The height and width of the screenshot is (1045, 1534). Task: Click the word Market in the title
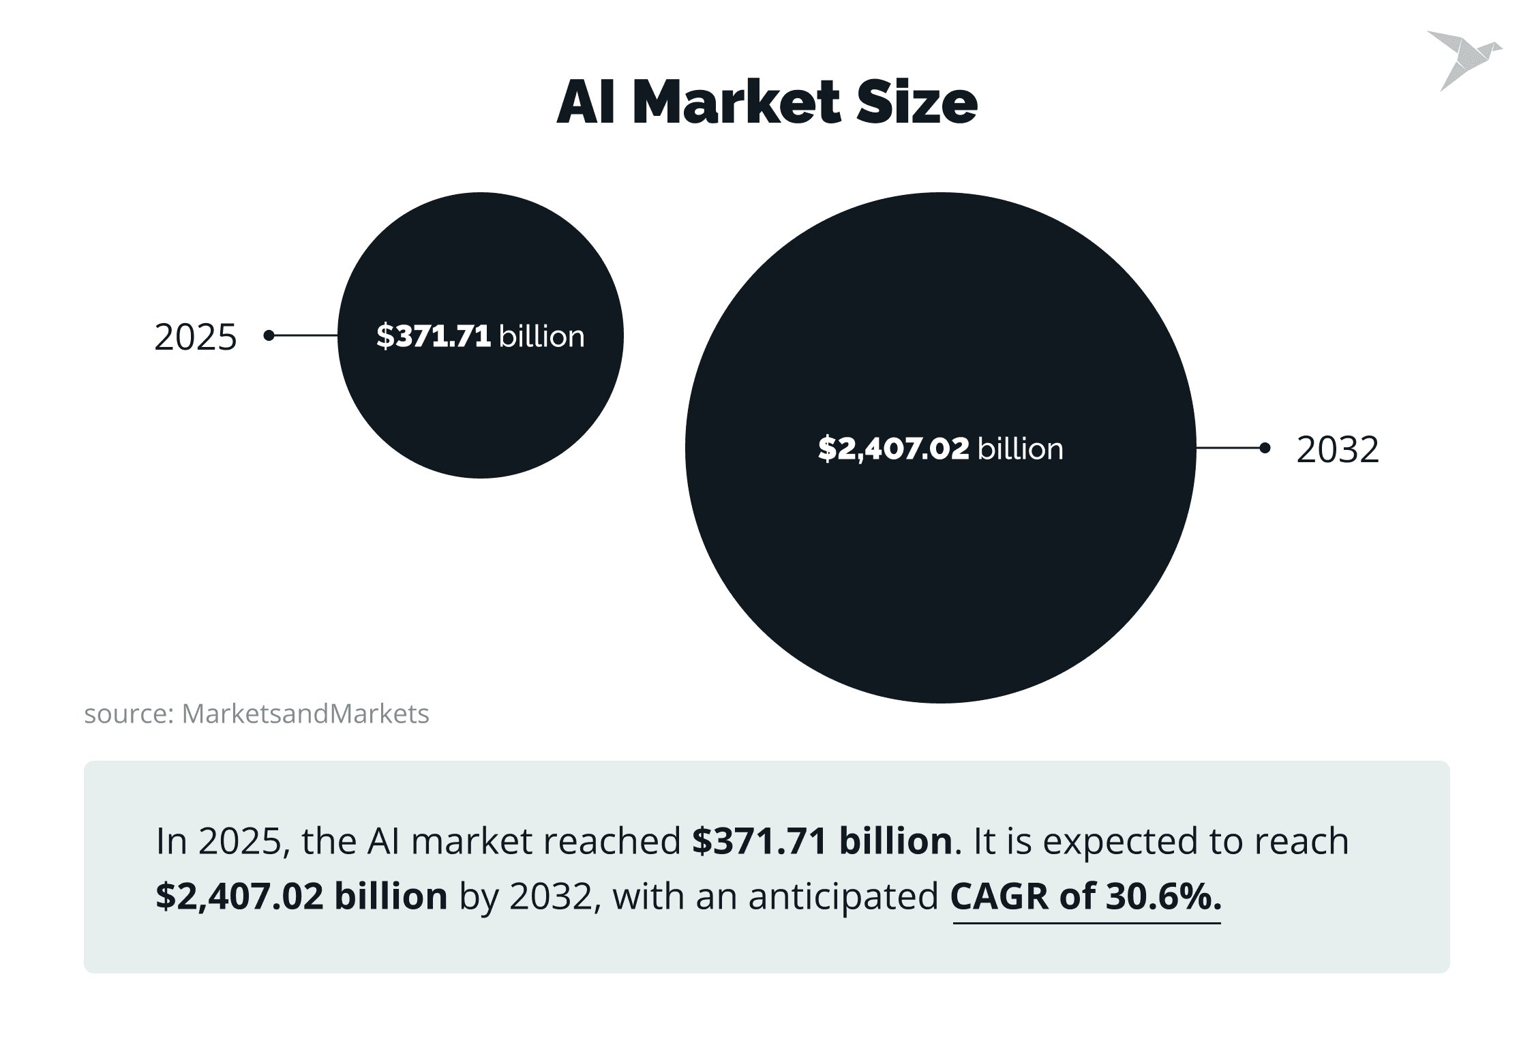click(x=737, y=102)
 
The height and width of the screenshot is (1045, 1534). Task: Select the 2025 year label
click(x=196, y=337)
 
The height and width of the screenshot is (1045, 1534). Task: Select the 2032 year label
click(x=1338, y=449)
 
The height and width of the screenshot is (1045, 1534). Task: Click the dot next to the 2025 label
click(x=269, y=335)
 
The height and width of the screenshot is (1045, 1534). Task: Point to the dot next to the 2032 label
click(x=1265, y=448)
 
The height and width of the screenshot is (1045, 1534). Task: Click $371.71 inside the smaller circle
click(x=434, y=336)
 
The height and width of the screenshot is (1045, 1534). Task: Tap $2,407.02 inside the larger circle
click(x=893, y=449)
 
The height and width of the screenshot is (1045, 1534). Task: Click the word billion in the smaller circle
click(x=542, y=336)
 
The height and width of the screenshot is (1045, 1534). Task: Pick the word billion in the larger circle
click(x=1021, y=449)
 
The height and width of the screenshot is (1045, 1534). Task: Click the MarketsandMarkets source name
click(x=305, y=714)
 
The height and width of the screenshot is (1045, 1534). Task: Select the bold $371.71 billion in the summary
click(x=822, y=840)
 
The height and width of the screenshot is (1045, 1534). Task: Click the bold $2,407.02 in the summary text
click(x=240, y=896)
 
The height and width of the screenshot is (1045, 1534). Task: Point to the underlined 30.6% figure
click(x=1163, y=896)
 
